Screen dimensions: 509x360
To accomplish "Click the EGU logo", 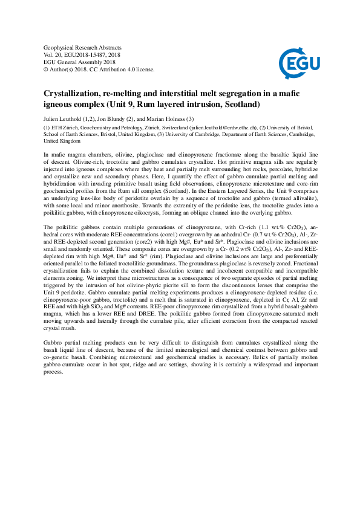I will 295,61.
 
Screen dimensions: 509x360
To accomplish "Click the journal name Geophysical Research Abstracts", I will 82,47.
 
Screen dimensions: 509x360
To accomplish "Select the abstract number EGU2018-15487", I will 93,54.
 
